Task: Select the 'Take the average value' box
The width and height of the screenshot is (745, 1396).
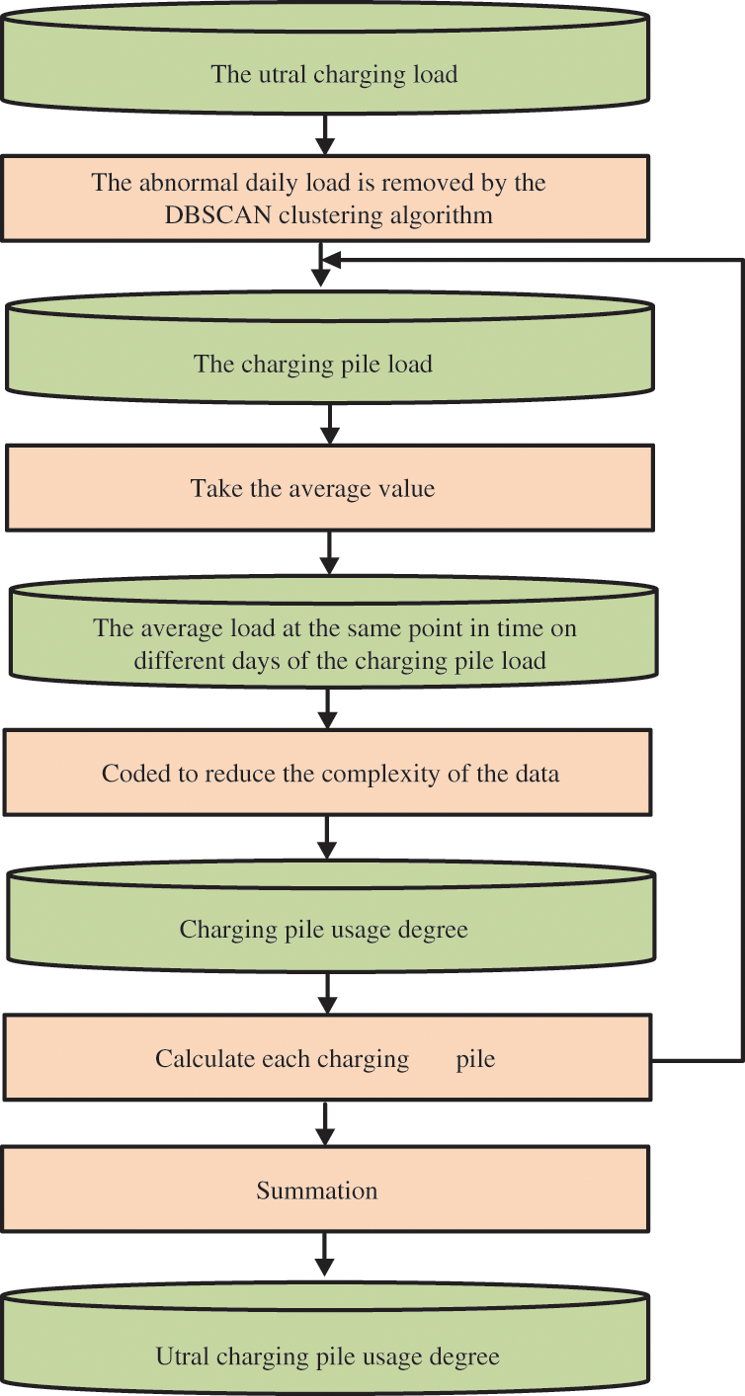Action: (328, 487)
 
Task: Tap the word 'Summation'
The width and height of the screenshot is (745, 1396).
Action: (316, 1191)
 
